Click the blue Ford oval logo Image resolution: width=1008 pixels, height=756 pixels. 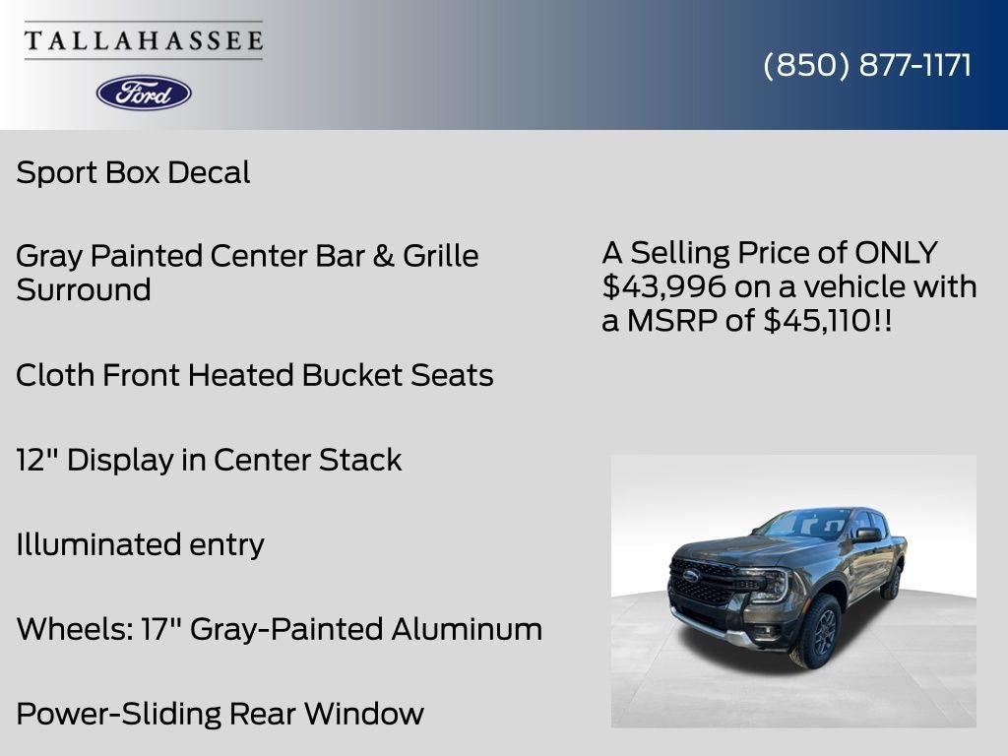144,93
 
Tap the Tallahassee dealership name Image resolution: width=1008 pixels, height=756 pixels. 144,41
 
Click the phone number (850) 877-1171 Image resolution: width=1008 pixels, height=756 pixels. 867,65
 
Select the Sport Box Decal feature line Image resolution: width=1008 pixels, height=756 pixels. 133,172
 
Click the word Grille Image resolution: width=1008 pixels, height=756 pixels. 440,256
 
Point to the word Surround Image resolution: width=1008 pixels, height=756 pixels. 84,290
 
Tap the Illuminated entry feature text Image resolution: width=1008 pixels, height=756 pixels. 140,544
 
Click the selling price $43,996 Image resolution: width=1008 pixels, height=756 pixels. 664,287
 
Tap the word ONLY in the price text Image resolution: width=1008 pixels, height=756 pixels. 896,253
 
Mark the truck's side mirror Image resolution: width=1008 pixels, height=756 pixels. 867,535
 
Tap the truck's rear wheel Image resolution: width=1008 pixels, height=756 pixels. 892,583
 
